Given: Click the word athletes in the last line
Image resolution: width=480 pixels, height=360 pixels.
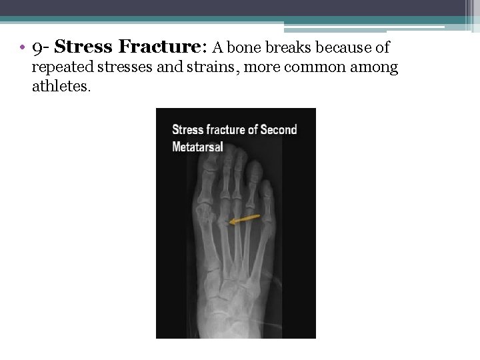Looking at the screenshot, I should click(x=60, y=87).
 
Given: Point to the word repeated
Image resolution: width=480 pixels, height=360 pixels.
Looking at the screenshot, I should click(x=61, y=67).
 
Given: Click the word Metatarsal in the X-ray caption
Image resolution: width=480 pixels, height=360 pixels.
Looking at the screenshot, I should click(x=197, y=147).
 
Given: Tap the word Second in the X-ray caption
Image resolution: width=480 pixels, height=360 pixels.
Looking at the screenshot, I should click(x=278, y=129).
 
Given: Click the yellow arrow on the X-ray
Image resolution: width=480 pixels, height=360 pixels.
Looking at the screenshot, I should click(x=245, y=219).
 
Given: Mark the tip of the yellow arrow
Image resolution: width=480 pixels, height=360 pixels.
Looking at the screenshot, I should click(x=229, y=223).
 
